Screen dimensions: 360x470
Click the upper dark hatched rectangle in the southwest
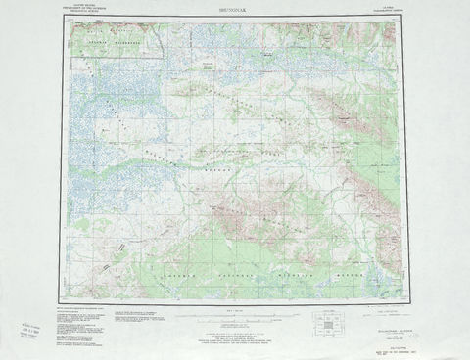pyautogui.click(x=120, y=247)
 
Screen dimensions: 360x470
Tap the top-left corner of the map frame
pyautogui.click(x=68, y=21)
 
